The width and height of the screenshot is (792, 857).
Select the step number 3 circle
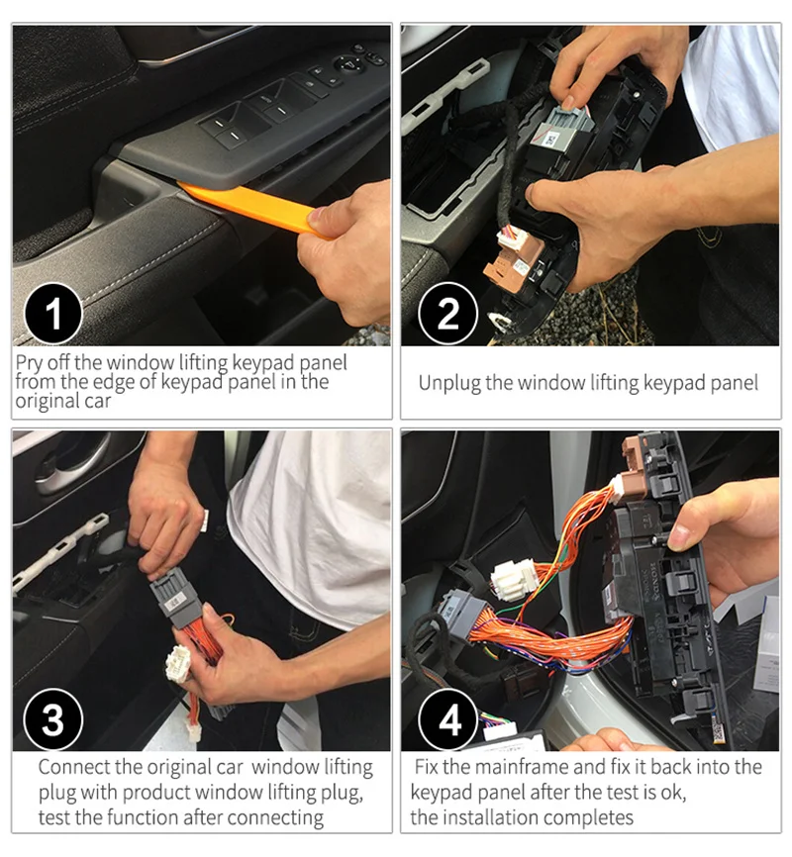[x=53, y=719]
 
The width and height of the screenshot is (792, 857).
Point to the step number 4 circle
[x=447, y=719]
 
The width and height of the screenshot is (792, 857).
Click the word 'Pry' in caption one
[x=29, y=363]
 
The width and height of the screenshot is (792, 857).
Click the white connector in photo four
[x=513, y=578]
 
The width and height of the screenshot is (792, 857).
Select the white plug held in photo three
[x=178, y=663]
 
